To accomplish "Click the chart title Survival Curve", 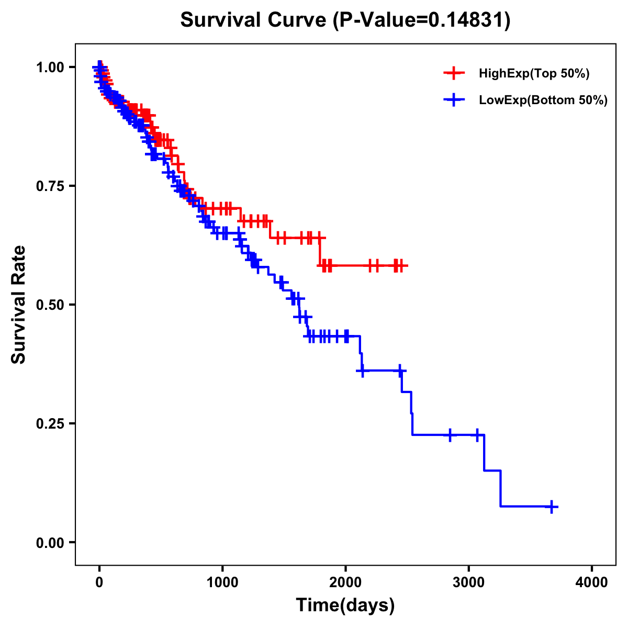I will click(x=254, y=20).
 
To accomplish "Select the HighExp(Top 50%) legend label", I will click(x=534, y=74).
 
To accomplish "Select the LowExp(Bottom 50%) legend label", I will click(x=543, y=100).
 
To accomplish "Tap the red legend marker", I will click(x=454, y=73).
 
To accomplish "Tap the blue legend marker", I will click(x=454, y=100).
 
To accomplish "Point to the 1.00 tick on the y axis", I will click(x=50, y=67).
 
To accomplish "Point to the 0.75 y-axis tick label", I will click(x=50, y=186).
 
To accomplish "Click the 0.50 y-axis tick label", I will click(x=50, y=305).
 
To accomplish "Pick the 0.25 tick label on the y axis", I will click(x=50, y=423).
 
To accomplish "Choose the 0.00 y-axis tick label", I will click(x=50, y=542).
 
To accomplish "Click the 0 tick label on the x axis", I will click(x=99, y=582).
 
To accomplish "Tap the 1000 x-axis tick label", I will click(x=222, y=582).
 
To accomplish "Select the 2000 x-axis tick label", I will click(x=345, y=582).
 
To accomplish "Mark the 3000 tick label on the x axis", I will click(x=469, y=582).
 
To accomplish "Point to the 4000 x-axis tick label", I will click(x=592, y=582).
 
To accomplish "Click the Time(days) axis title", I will click(x=345, y=605).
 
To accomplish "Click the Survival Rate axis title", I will click(x=19, y=305).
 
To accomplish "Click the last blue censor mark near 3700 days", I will click(x=552, y=507).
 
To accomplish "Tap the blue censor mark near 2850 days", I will click(x=450, y=435).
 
